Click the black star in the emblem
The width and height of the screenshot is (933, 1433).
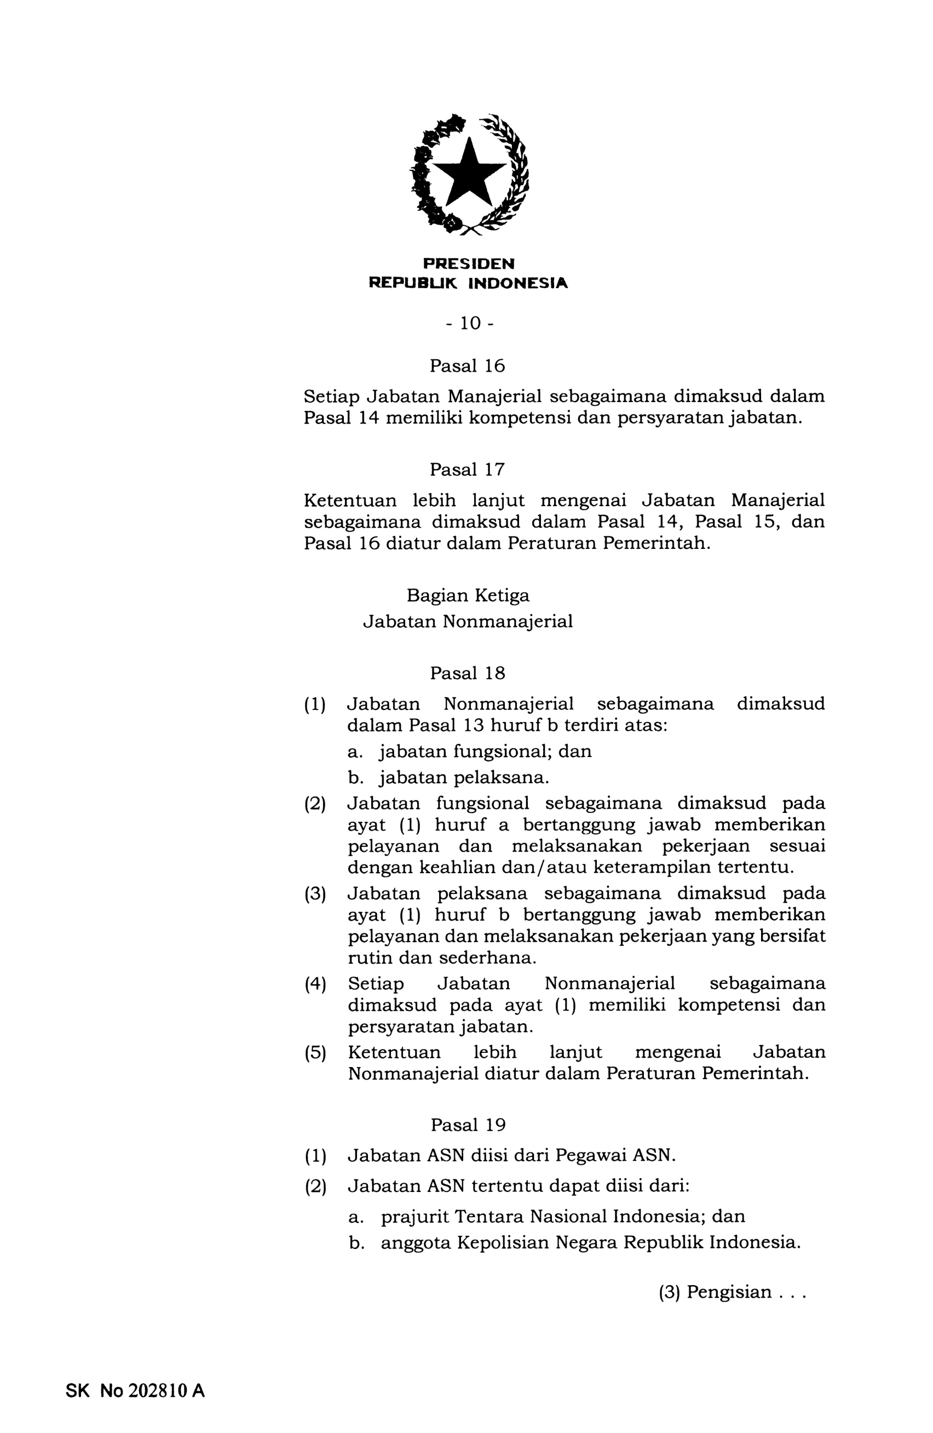point(468,174)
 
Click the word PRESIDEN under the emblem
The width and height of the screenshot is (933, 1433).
point(468,263)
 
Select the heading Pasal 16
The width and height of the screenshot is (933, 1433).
point(467,366)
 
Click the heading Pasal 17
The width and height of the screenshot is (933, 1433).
point(467,469)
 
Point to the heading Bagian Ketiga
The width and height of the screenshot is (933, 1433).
point(468,595)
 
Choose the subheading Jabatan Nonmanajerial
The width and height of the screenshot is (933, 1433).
point(468,621)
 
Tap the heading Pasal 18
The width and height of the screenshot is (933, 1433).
point(467,673)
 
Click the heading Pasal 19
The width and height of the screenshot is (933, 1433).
point(468,1125)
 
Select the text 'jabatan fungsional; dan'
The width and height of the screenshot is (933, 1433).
point(485,752)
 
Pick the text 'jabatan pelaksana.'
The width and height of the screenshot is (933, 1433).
point(464,778)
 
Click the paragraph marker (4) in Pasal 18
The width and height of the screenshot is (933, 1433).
point(315,984)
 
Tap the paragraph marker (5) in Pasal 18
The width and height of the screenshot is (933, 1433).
point(315,1052)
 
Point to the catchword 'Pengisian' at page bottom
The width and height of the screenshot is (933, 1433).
point(729,1292)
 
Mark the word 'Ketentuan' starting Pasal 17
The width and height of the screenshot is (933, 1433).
point(350,500)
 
